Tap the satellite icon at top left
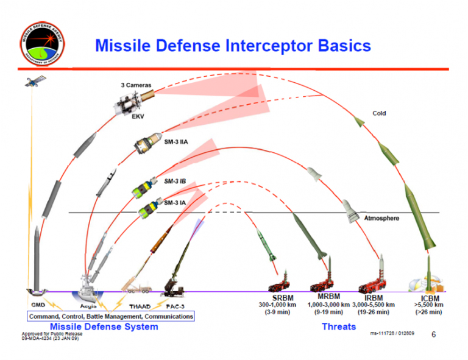(x=31, y=82)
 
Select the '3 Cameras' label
(x=135, y=85)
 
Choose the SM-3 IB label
(x=174, y=181)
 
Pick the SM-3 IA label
(x=174, y=202)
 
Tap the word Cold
(x=378, y=113)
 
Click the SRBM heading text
(x=280, y=298)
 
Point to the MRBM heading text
(x=328, y=297)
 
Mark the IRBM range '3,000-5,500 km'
(x=373, y=305)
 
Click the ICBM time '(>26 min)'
(x=429, y=312)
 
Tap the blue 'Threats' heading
(x=339, y=326)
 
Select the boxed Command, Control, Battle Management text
(x=110, y=316)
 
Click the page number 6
(x=433, y=334)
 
